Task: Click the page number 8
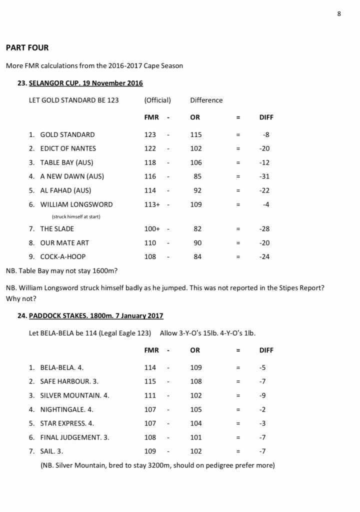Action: [x=339, y=13]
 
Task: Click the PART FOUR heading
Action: [x=27, y=48]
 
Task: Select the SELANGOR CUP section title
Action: [x=86, y=83]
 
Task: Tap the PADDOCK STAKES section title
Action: [x=96, y=316]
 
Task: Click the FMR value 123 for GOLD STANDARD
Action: [x=150, y=134]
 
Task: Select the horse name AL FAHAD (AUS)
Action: [x=65, y=190]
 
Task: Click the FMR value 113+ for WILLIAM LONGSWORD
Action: [x=152, y=204]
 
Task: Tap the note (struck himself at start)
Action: [x=75, y=216]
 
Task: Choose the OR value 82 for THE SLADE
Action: [x=198, y=229]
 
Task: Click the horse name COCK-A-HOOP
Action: [x=62, y=256]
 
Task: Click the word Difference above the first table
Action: [x=206, y=100]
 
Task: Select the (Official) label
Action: [x=157, y=100]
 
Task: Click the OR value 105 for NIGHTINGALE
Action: [x=196, y=409]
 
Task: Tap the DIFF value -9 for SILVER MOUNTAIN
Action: [x=262, y=395]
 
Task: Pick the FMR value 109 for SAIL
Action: [x=150, y=451]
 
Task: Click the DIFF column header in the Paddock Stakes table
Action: [x=266, y=350]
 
